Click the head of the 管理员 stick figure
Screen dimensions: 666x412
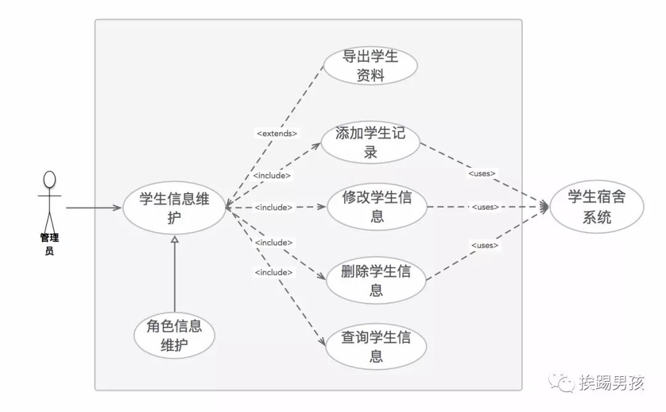tap(49, 179)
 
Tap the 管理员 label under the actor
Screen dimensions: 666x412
tap(49, 244)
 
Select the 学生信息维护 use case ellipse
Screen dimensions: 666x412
tap(174, 208)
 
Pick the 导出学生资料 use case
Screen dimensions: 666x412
tap(371, 65)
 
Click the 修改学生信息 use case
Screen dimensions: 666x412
tap(377, 207)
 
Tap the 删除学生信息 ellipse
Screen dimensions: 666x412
tap(376, 281)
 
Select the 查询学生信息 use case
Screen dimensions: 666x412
tap(376, 347)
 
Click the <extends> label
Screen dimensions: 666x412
tap(277, 133)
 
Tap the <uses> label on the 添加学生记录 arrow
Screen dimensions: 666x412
tap(482, 173)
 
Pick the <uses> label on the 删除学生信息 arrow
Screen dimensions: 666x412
tap(485, 245)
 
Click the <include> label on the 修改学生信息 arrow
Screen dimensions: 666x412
tap(273, 207)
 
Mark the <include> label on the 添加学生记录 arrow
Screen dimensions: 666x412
tap(272, 175)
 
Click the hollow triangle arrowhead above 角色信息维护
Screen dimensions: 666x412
tap(175, 239)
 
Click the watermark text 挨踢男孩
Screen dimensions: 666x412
tap(612, 384)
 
